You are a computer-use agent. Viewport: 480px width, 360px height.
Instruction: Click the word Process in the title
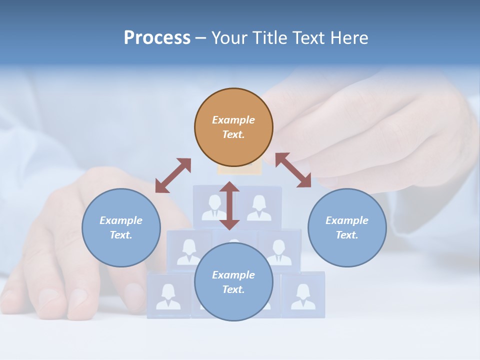tap(157, 38)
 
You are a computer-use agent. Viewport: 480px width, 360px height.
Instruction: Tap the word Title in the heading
tap(273, 38)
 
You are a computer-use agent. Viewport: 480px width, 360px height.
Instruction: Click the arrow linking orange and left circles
tap(173, 175)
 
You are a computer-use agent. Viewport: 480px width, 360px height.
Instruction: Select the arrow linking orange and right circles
tap(293, 170)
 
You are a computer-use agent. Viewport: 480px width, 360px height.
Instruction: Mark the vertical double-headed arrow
tap(229, 205)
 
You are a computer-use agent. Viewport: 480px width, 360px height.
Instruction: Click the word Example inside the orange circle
tap(233, 120)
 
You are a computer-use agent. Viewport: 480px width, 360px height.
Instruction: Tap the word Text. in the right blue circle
tap(347, 235)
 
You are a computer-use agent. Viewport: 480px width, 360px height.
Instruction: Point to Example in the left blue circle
tap(121, 220)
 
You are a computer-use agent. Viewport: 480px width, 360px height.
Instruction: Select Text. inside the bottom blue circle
tap(233, 289)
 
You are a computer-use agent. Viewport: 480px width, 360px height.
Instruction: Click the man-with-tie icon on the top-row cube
tap(214, 207)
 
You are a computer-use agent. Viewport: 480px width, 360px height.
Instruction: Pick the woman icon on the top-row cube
tap(259, 207)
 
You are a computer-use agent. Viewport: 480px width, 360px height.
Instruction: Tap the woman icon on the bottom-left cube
tap(168, 296)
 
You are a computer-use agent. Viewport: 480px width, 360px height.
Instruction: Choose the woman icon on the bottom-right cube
tap(303, 296)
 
